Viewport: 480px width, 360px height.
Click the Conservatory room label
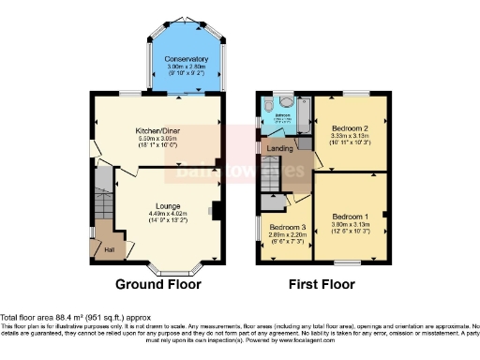point(186,59)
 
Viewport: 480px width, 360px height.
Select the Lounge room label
point(167,206)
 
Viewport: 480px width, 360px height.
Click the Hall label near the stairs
point(109,248)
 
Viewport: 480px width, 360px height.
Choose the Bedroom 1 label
point(352,217)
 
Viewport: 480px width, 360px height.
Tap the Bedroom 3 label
point(288,228)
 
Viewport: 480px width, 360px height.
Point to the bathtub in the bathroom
point(301,116)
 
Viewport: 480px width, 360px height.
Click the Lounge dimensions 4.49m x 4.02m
point(167,215)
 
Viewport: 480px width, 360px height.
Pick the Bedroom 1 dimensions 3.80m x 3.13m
point(352,225)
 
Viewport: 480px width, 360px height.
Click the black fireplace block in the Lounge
point(217,212)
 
